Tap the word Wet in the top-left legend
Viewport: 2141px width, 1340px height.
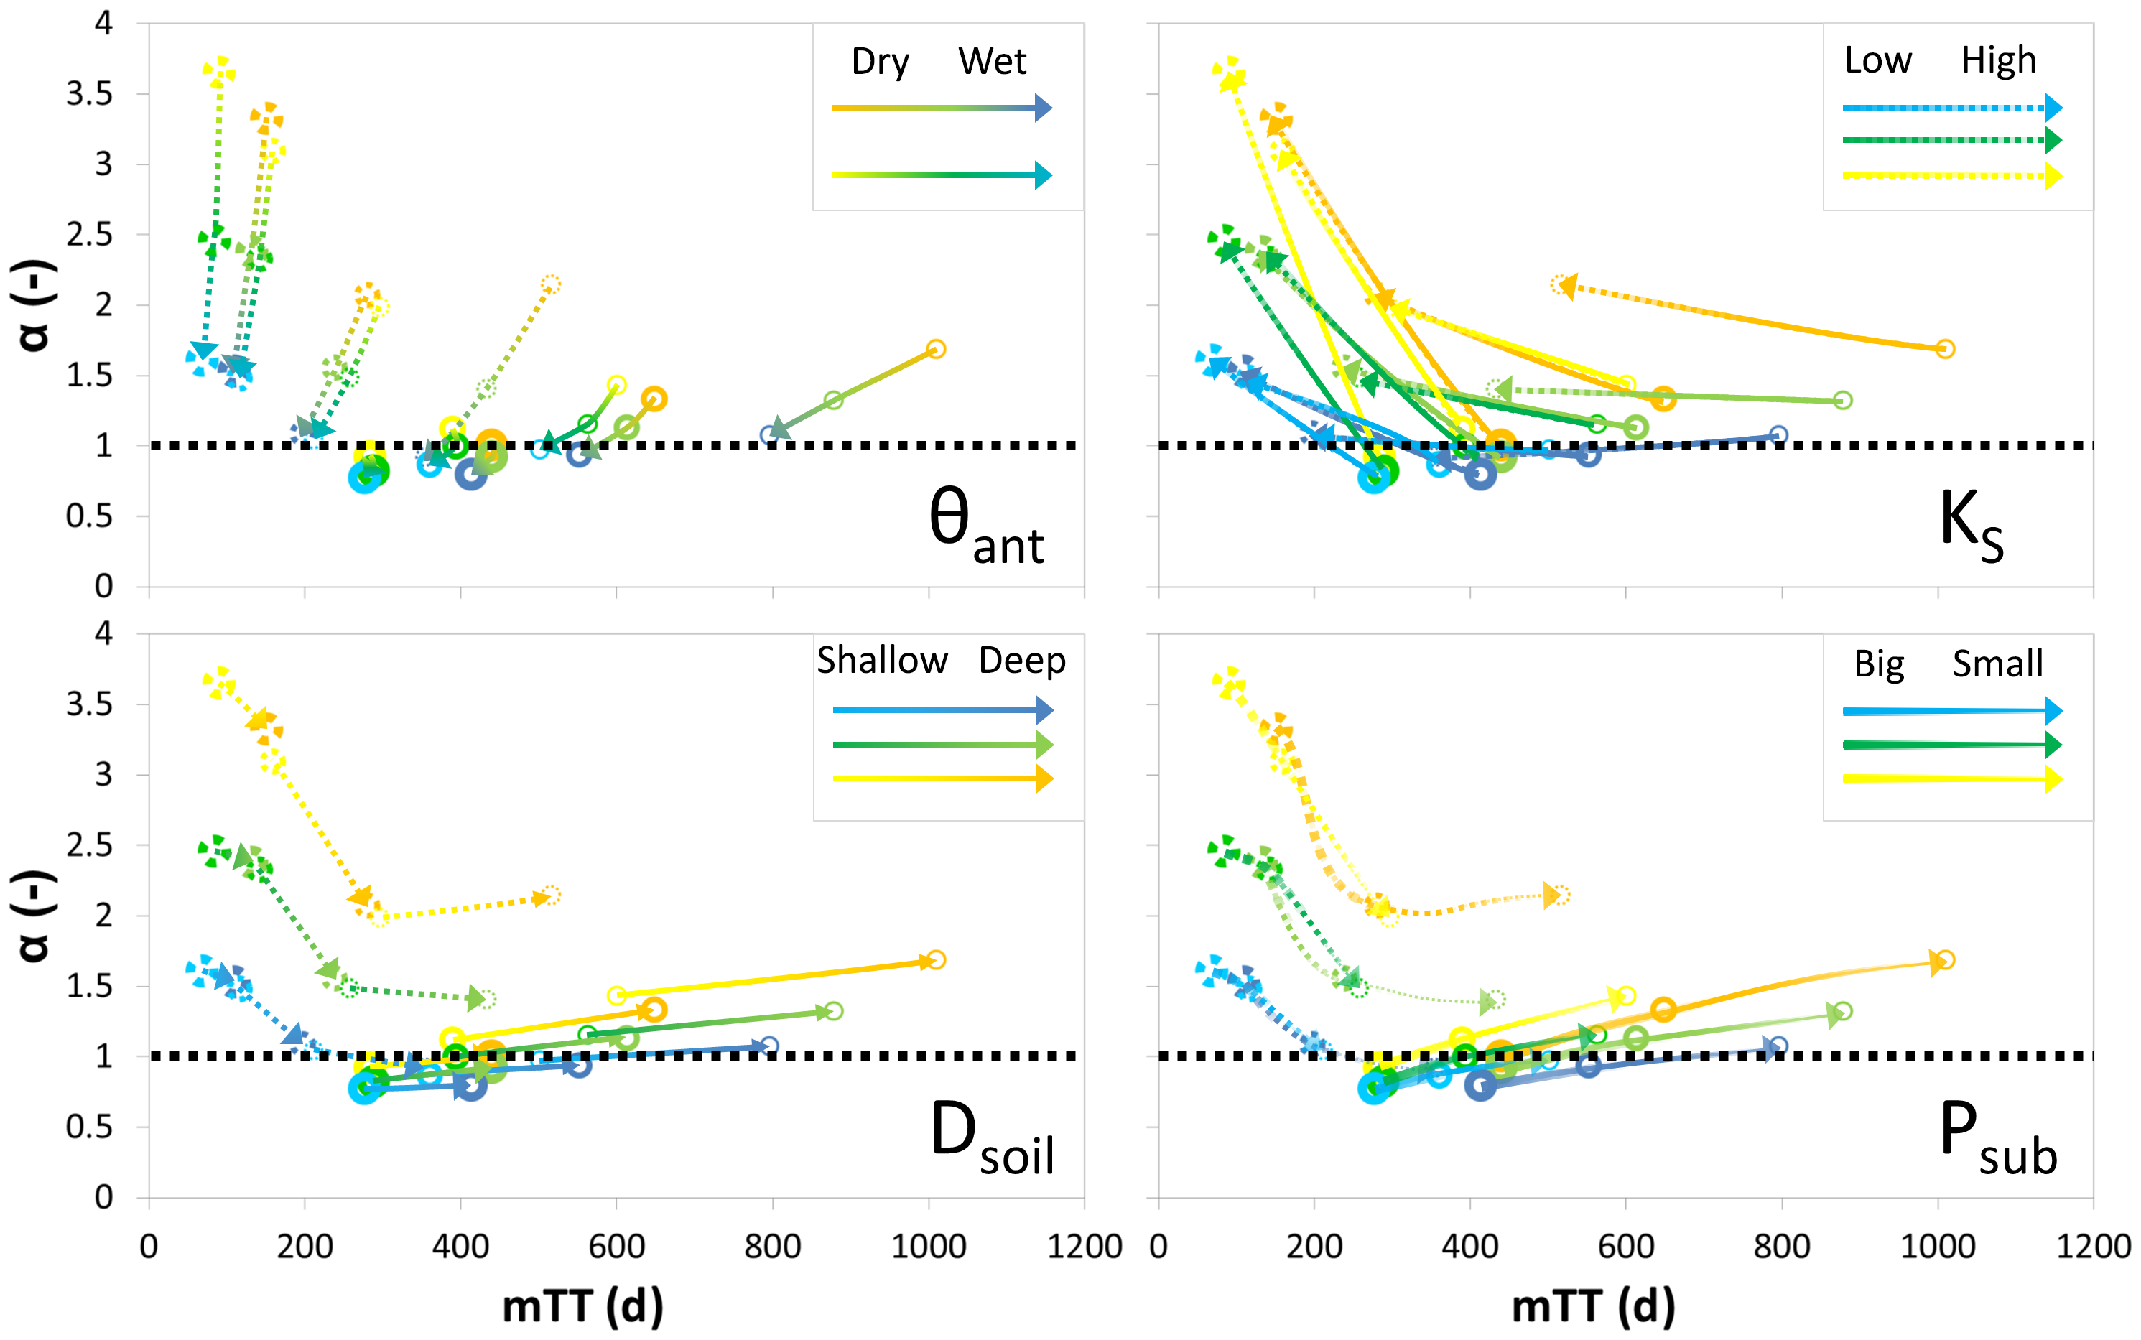tap(992, 62)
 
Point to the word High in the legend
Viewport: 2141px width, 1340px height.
tap(1998, 61)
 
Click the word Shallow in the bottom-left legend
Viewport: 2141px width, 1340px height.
tap(882, 661)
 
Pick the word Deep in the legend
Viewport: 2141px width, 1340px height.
tap(1022, 661)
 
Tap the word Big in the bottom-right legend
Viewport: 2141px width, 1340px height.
tap(1879, 664)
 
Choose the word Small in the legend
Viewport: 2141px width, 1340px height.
tap(1997, 664)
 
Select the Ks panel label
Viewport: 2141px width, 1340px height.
tap(1969, 525)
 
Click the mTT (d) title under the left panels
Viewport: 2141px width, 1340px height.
tap(582, 1306)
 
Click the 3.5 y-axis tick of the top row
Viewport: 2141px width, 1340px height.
tap(90, 94)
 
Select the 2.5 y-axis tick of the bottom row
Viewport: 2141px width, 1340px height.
tap(90, 845)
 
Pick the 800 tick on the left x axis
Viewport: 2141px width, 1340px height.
tap(772, 1247)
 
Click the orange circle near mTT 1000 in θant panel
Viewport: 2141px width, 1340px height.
tap(936, 349)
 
